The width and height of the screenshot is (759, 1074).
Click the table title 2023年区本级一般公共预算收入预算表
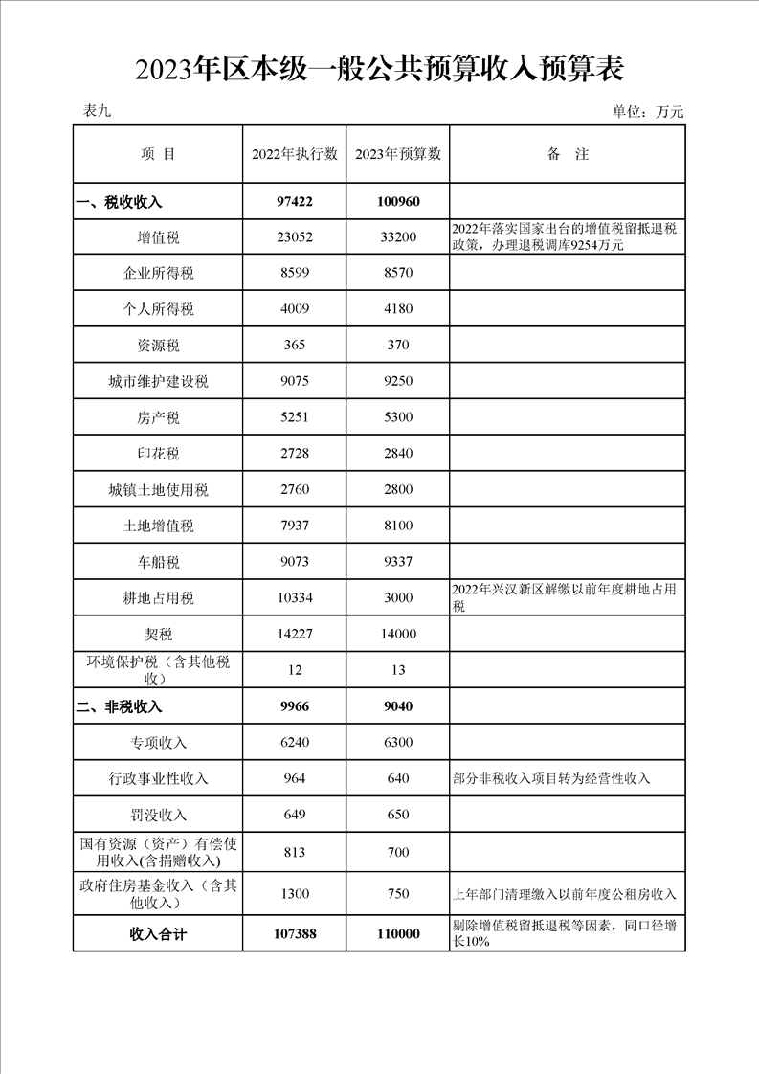coord(380,70)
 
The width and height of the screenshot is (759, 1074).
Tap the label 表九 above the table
coord(98,111)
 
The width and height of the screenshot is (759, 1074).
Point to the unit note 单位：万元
coord(648,112)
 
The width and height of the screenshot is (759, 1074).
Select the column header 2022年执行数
coord(295,154)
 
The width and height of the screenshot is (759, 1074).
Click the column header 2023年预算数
coord(398,154)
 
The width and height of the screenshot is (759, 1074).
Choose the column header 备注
coord(568,154)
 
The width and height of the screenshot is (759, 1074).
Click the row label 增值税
coord(158,237)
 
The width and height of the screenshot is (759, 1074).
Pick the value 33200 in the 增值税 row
coord(398,237)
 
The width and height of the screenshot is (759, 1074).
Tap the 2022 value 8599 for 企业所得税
coord(295,273)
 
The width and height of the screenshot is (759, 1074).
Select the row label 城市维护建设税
coord(158,381)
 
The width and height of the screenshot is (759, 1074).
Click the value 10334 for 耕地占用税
coord(295,598)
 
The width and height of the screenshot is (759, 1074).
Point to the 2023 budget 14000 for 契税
coord(398,634)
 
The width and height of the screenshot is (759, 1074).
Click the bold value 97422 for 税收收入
coord(295,202)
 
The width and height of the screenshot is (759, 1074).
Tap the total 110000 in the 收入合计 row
coord(398,934)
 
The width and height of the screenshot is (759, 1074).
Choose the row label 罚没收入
coord(158,816)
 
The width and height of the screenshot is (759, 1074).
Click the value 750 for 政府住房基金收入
coord(398,894)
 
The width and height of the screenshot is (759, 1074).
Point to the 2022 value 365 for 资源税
coord(295,345)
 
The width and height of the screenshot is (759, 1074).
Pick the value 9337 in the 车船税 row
coord(398,562)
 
